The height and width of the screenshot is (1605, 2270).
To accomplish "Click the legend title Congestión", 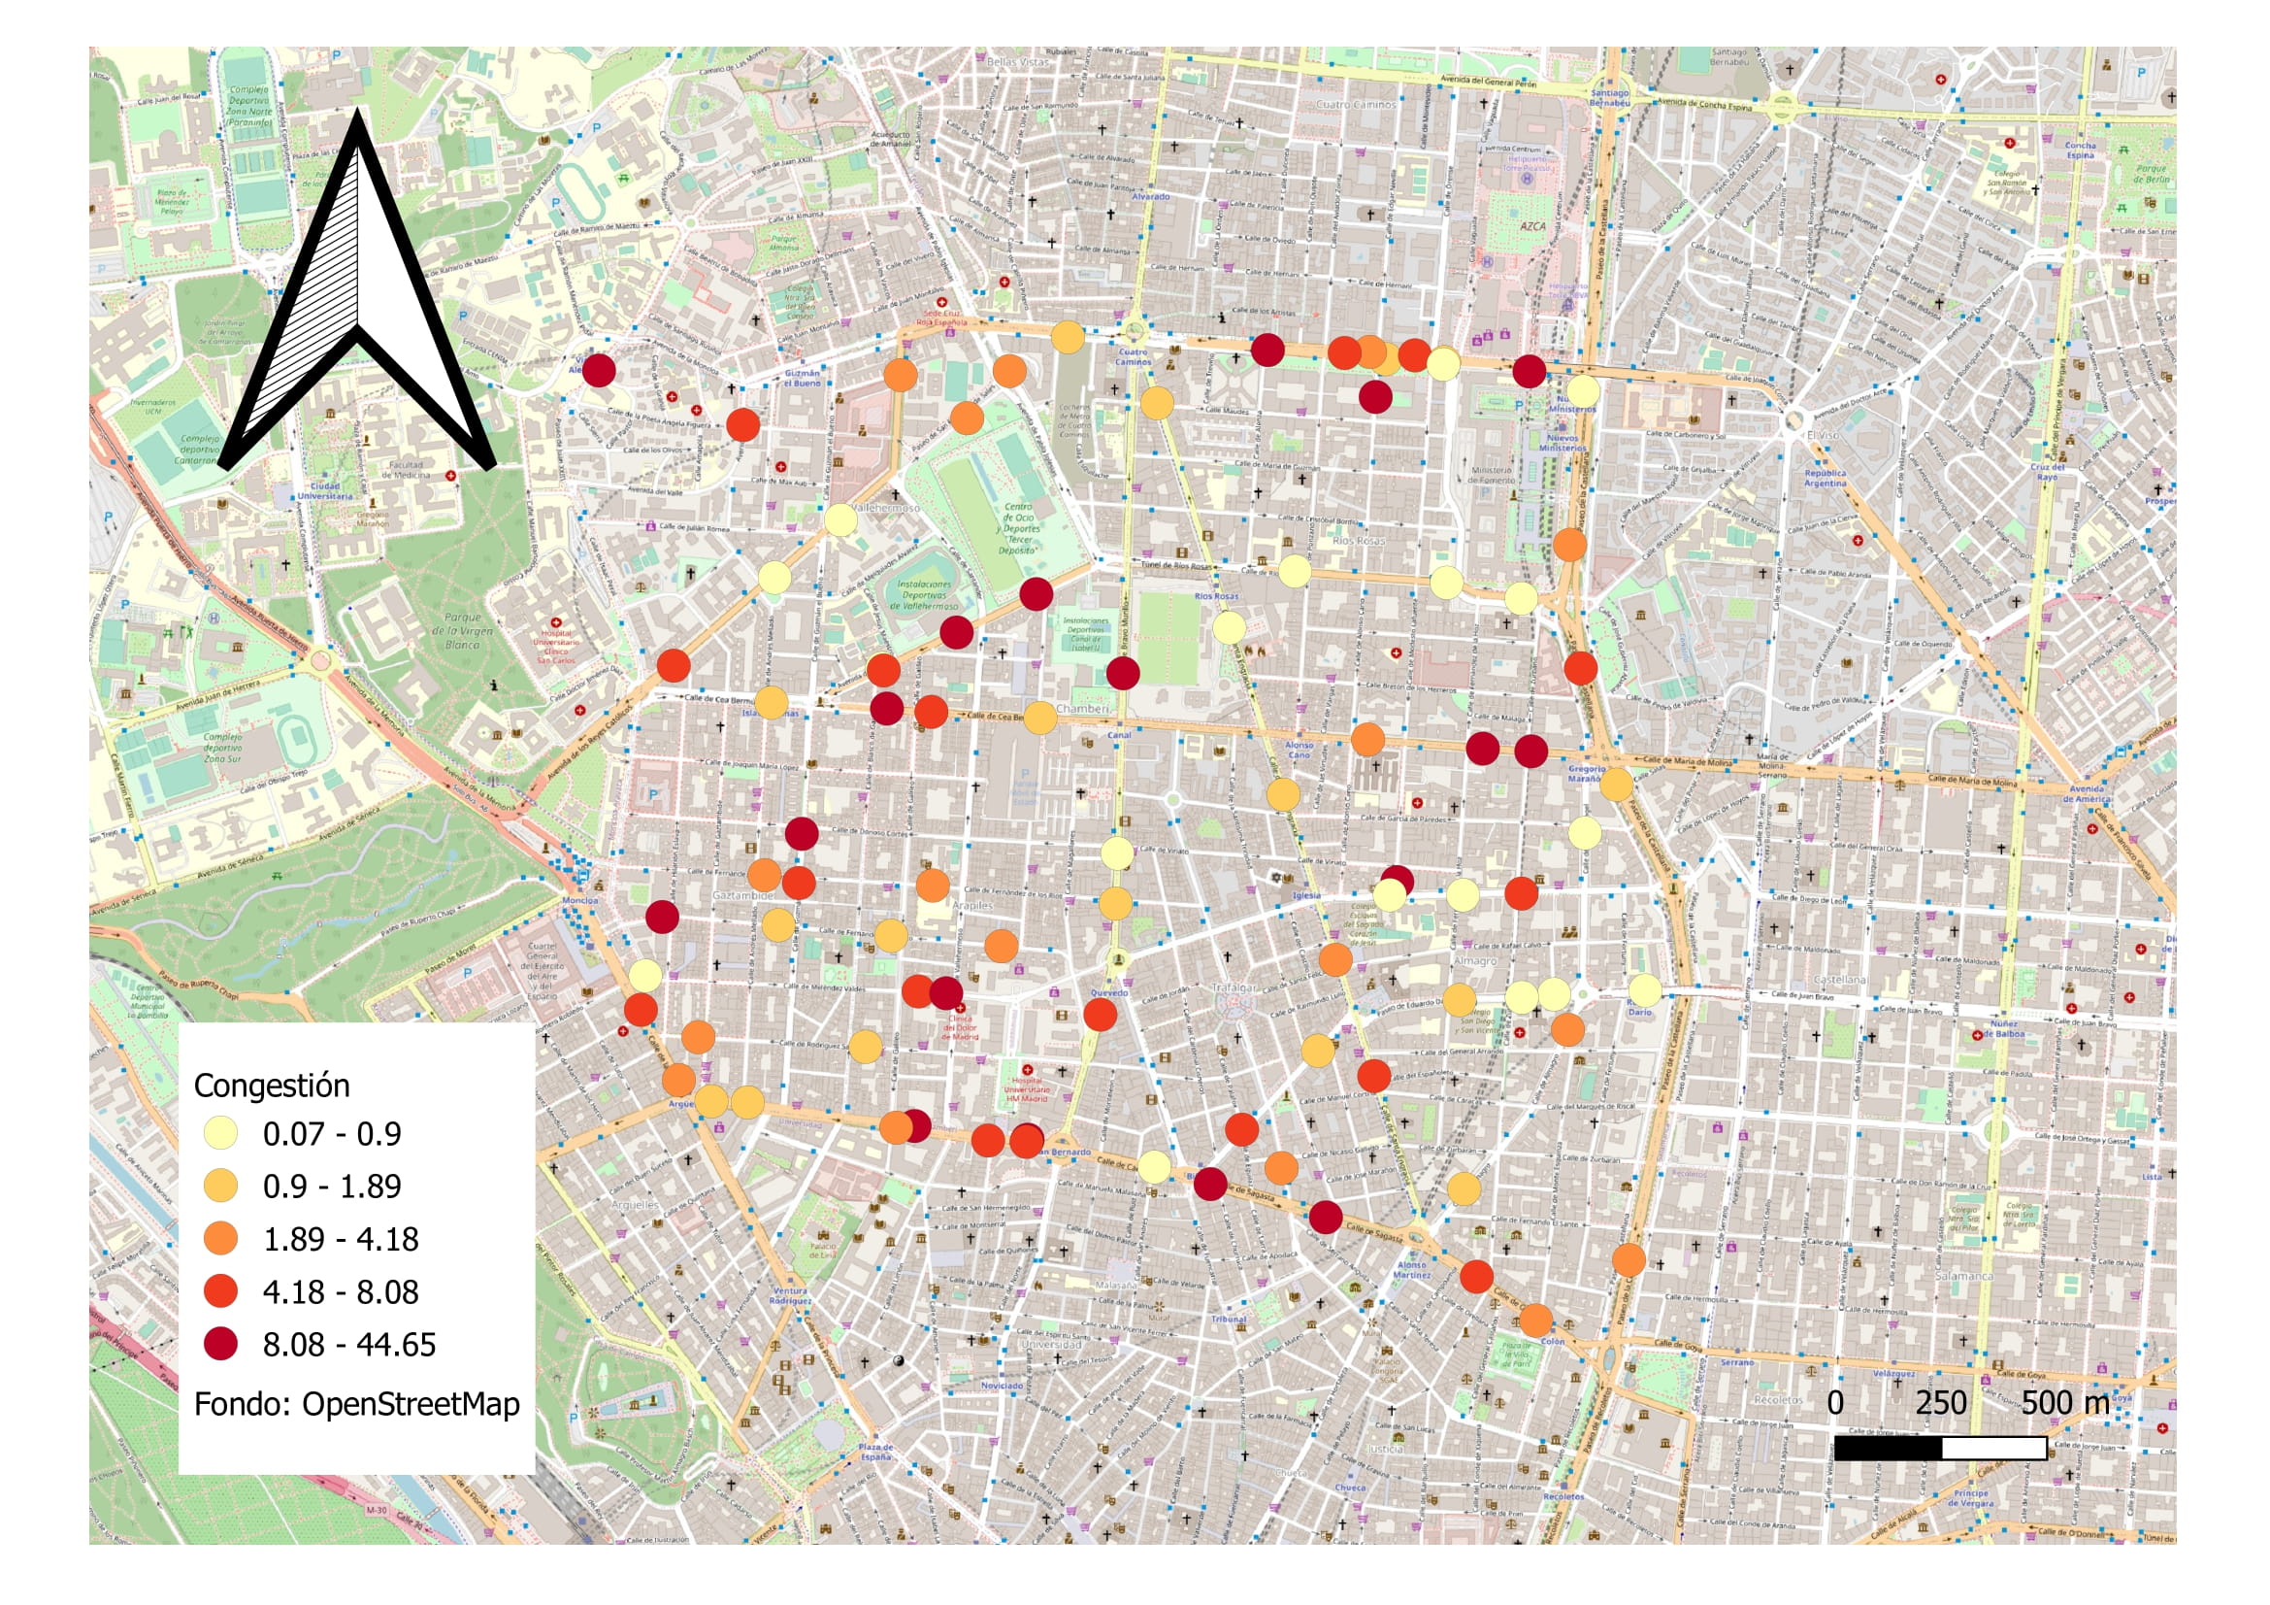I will coord(271,1086).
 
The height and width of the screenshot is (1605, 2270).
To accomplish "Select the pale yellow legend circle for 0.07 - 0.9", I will coord(220,1133).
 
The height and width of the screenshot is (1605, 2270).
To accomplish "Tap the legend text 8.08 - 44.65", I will coord(349,1344).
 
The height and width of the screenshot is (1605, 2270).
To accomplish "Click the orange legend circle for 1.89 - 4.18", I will coord(220,1238).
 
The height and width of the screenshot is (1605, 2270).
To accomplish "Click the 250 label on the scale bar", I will coord(1940,1402).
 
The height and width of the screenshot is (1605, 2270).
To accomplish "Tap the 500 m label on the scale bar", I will coord(2064,1402).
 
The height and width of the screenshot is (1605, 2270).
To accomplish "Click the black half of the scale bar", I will coord(1888,1448).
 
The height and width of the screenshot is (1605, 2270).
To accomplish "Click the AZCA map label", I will coord(1531,226).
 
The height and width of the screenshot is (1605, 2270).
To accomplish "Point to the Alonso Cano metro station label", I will coord(1299,750).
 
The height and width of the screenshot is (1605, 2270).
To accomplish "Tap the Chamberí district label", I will coord(1084,709).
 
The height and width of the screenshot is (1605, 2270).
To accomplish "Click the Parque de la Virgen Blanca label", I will coord(462,630).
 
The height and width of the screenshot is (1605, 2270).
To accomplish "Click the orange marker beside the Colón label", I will coord(1535,1320).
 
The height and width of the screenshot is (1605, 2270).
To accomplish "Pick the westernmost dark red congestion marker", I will coord(599,371).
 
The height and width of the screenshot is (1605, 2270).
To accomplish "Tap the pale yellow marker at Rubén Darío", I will coord(1644,990).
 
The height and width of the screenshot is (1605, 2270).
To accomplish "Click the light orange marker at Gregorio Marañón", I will coord(1616,785).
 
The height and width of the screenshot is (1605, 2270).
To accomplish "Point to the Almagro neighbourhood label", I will coord(1474,960).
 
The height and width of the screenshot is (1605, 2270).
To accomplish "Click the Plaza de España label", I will coord(875,1452).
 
